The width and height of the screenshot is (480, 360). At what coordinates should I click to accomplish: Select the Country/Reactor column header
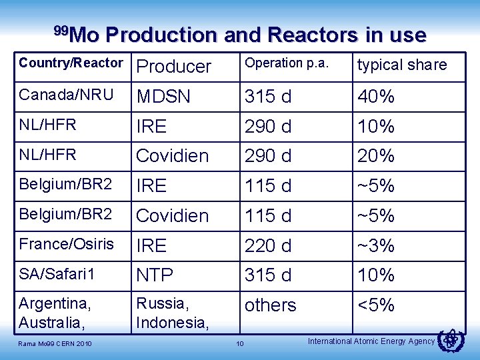[x=71, y=63]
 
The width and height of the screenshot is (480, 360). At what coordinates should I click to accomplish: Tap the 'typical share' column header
[x=402, y=65]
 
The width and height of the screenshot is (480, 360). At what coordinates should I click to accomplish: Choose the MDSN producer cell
[x=163, y=97]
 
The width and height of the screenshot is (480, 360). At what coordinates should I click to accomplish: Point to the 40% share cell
[x=377, y=97]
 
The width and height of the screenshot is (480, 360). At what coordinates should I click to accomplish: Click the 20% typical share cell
[x=377, y=156]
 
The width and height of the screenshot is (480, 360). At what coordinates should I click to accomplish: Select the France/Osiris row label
[x=67, y=244]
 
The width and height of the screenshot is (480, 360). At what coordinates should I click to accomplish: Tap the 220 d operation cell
[x=268, y=246]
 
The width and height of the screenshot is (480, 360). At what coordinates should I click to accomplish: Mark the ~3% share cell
[x=377, y=246]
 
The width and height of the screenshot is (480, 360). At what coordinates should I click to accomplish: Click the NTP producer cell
[x=155, y=275]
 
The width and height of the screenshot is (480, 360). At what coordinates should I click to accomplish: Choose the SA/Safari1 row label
[x=57, y=274]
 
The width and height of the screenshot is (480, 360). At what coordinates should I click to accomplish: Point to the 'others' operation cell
[x=270, y=305]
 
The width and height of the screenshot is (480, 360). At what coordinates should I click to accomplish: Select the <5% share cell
[x=377, y=305]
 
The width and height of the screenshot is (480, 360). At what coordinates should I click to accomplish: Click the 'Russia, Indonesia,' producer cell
[x=172, y=313]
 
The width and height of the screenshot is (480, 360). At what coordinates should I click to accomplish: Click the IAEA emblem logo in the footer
[x=453, y=341]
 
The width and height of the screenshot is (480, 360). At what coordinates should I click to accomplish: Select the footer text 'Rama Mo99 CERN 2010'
[x=55, y=344]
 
